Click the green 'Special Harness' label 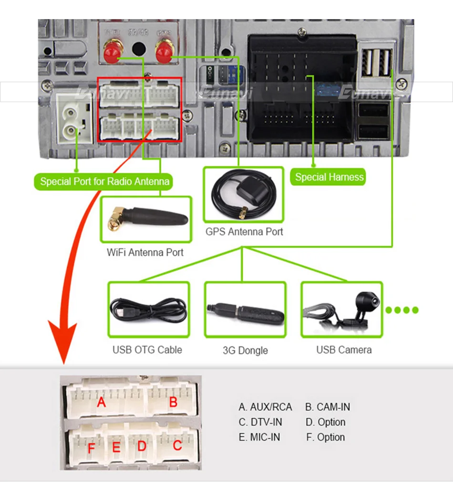pos(329,177)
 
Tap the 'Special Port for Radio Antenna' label pos(104,181)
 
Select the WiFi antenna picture pos(146,219)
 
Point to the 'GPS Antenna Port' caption pos(244,232)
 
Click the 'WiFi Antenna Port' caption pos(145,252)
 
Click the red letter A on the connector pos(101,403)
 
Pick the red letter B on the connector pos(173,402)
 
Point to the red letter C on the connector pos(177,446)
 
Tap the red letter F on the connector pos(91,449)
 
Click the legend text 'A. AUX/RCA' pos(265,407)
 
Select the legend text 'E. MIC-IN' pos(259,437)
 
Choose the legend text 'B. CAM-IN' pos(328,407)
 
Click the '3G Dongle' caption pos(245,350)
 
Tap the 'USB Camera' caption pos(344,350)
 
